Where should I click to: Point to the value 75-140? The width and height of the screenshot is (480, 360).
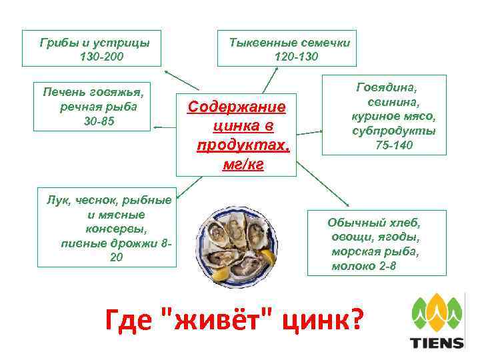click(394, 145)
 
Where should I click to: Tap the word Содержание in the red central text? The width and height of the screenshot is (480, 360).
click(237, 107)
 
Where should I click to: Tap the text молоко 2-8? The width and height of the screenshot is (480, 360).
click(364, 266)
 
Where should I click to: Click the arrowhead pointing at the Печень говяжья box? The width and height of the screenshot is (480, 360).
click(156, 127)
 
